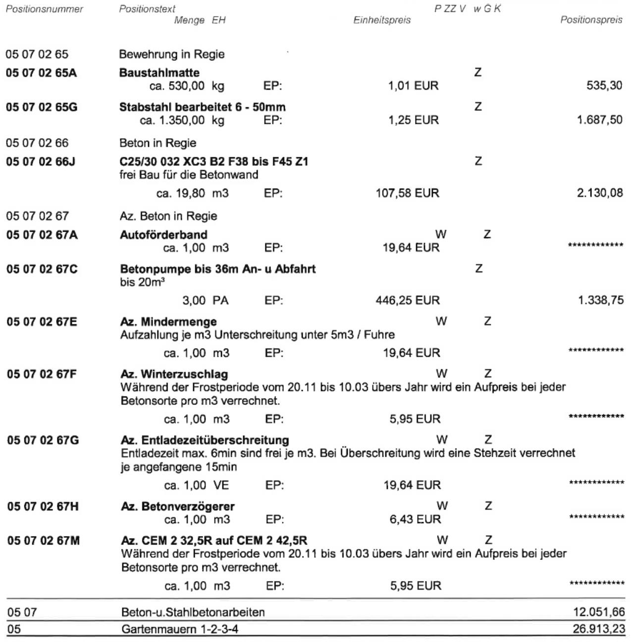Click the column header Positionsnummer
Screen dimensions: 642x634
[x=45, y=9]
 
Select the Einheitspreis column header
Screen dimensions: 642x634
[x=381, y=20]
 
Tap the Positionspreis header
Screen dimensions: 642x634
[x=591, y=20]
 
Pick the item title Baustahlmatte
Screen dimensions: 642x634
[x=159, y=73]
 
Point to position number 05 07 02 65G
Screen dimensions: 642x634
[x=42, y=107]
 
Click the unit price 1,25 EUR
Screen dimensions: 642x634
[x=413, y=120]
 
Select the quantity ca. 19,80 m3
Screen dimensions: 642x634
[x=192, y=193]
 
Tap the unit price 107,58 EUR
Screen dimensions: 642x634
[x=407, y=193]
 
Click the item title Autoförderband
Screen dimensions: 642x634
[x=163, y=235]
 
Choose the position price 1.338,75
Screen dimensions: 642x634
[x=601, y=300]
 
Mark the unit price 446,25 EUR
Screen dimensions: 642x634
[x=408, y=300]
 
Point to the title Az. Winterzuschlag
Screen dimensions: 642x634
[x=174, y=374]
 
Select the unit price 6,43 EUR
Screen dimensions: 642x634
[x=415, y=519]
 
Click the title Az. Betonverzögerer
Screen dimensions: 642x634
[x=178, y=506]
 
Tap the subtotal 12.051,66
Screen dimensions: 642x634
[x=599, y=612]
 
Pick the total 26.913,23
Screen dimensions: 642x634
[x=599, y=630]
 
